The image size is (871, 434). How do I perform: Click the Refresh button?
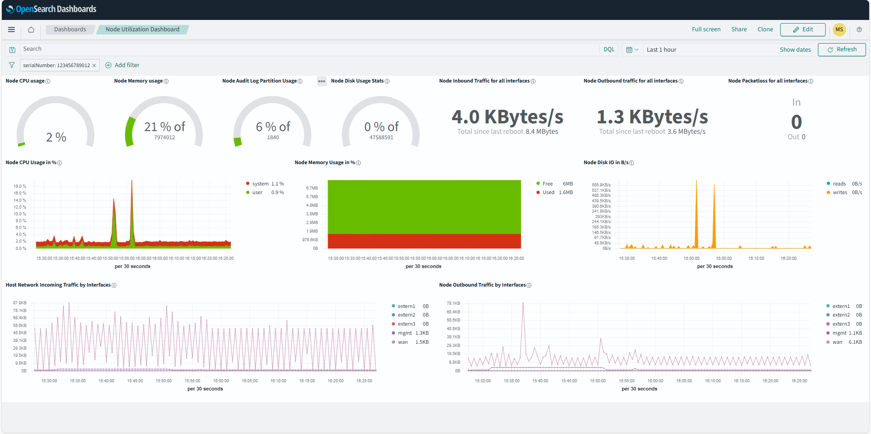[842, 49]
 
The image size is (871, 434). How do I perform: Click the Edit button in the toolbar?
[802, 29]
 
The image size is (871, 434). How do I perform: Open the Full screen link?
[706, 29]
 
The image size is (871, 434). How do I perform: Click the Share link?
[739, 29]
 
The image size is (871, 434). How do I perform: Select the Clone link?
[765, 29]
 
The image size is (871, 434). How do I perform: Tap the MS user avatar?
[839, 29]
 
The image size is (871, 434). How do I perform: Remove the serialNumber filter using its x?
[94, 66]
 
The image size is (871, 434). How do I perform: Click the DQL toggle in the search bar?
[609, 49]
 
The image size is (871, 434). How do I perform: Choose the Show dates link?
[795, 50]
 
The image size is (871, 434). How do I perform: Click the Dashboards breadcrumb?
[70, 29]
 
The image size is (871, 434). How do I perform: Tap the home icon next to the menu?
[31, 29]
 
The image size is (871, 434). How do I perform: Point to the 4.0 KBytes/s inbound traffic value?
[507, 117]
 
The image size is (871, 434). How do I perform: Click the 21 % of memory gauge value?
[164, 127]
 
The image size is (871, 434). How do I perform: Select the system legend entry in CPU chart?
[260, 184]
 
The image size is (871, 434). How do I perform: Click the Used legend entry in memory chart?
[548, 193]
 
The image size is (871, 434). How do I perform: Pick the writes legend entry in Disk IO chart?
[839, 193]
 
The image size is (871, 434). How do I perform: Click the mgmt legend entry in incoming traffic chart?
[404, 333]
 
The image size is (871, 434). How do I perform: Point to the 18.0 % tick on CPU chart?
[20, 186]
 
